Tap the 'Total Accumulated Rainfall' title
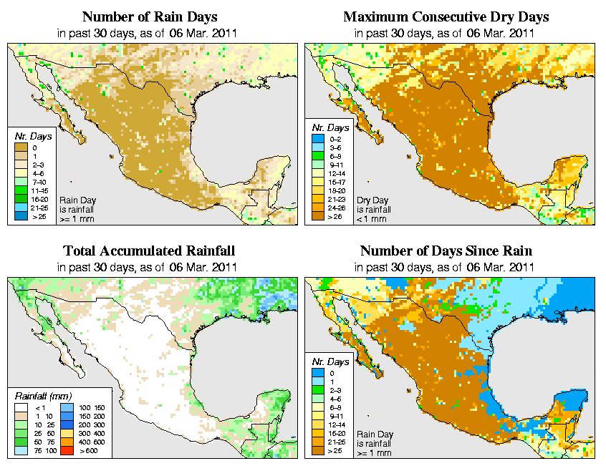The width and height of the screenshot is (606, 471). tap(149, 251)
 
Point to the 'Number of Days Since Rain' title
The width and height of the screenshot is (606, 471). tap(446, 251)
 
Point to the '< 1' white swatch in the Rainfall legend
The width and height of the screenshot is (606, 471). tap(22, 406)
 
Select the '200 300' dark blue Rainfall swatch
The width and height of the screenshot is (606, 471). tap(65, 423)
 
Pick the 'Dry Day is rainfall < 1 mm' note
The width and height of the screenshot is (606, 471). tap(372, 210)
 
